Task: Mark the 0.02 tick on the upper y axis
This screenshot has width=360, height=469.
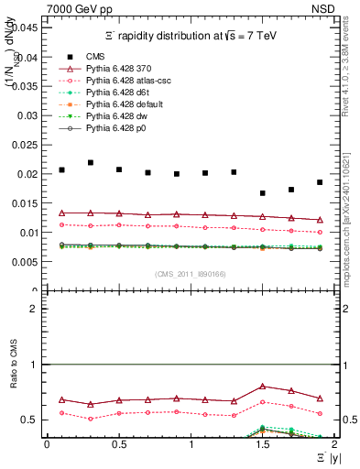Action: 29,174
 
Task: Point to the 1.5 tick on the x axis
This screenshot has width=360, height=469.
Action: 263,444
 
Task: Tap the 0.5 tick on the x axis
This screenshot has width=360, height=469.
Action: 118,444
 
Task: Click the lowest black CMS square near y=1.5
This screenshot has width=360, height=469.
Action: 263,193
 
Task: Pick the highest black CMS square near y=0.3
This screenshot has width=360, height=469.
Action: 90,162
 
